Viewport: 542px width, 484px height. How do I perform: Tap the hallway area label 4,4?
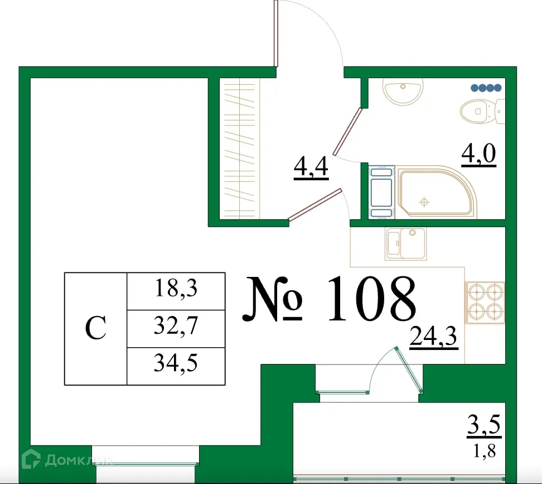click(311, 167)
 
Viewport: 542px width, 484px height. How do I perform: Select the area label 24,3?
click(433, 337)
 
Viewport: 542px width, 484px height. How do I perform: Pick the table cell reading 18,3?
click(176, 290)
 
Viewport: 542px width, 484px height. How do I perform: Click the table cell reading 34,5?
click(176, 365)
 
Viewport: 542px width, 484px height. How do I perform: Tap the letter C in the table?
click(96, 328)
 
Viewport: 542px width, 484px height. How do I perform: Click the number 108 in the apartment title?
click(371, 299)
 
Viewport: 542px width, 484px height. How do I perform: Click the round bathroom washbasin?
click(404, 90)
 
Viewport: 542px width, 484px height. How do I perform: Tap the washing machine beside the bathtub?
click(381, 191)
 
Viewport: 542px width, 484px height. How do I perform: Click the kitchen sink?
click(406, 243)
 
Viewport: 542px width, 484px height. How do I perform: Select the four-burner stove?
click(485, 302)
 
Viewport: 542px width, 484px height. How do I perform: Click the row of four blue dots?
click(486, 88)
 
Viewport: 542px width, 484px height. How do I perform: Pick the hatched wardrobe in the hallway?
click(240, 147)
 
